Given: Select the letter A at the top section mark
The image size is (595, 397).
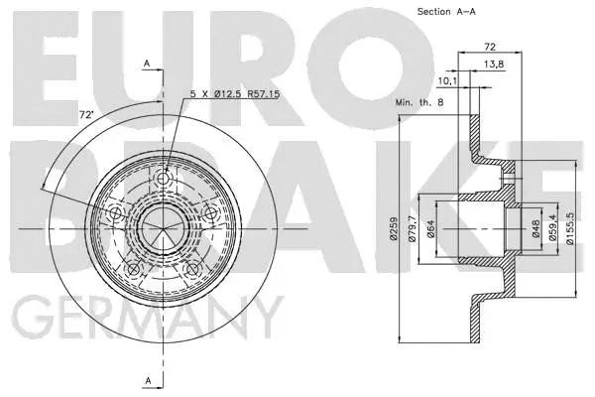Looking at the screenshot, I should pos(146,63).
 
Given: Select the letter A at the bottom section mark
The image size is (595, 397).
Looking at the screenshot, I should pos(146,380).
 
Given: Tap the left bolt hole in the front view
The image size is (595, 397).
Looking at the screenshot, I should pos(114,215).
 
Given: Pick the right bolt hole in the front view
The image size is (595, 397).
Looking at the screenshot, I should pos(211,214).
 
